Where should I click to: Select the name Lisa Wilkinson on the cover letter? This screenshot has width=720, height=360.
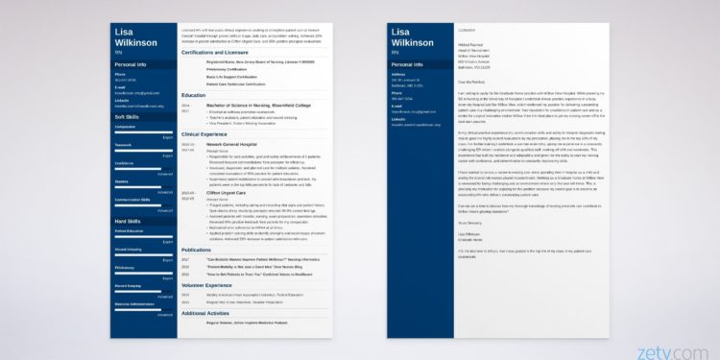(x=412, y=38)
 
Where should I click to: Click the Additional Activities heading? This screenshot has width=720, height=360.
(x=209, y=313)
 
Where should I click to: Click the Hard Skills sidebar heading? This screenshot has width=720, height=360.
(x=128, y=219)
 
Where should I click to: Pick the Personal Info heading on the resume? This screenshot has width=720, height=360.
(x=130, y=63)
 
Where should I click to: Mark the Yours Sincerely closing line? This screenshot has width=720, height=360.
(x=470, y=249)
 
